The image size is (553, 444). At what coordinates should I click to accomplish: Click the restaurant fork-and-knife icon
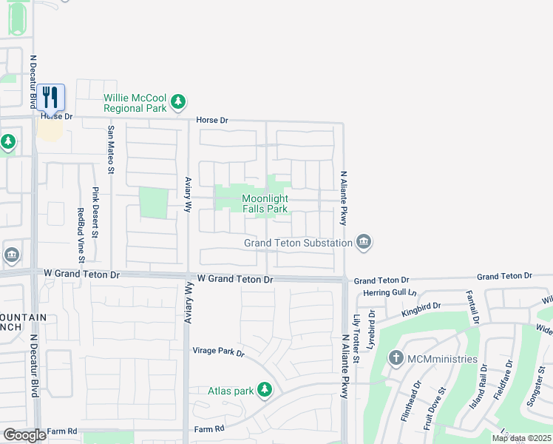coord(50,97)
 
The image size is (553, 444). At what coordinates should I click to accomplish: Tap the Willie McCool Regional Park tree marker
coord(177,101)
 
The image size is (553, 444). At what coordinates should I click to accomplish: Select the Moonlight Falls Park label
coord(265,203)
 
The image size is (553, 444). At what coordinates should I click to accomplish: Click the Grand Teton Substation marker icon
coord(363,242)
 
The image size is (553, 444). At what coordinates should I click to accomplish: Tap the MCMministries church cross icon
coord(396,358)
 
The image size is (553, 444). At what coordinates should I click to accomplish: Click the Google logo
coord(24,435)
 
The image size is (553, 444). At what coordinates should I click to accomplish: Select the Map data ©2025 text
coord(521,438)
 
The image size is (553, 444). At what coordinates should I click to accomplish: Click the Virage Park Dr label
coord(218,351)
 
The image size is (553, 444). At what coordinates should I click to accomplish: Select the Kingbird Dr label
coord(421,309)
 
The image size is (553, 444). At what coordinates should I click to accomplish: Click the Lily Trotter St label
coord(356,337)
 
